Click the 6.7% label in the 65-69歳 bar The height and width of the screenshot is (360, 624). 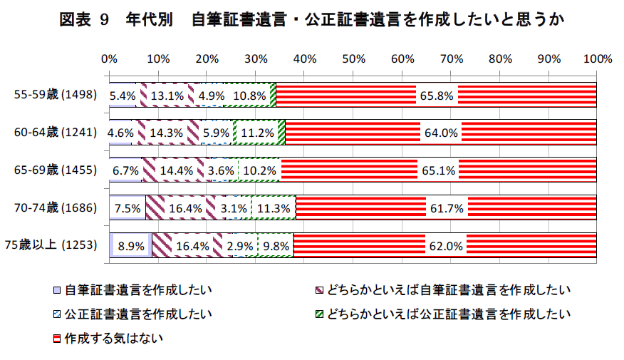click(x=126, y=171)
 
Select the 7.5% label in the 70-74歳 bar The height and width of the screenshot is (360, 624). click(x=128, y=209)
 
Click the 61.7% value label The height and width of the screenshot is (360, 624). click(x=446, y=209)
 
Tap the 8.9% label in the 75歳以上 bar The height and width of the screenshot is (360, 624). click(x=131, y=247)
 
